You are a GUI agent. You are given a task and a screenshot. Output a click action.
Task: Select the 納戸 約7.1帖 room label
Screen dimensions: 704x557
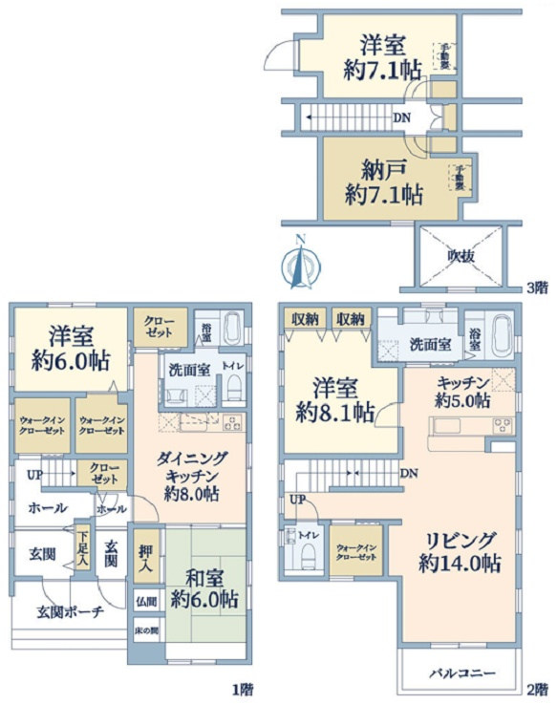(384, 183)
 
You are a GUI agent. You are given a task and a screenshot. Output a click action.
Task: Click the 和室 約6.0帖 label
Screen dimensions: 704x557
(204, 589)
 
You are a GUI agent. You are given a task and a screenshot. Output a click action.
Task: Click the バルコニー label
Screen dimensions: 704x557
(461, 673)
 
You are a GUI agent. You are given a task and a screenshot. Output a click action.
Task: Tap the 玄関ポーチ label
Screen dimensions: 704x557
(70, 612)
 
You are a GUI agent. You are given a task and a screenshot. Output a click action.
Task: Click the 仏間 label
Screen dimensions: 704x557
(145, 602)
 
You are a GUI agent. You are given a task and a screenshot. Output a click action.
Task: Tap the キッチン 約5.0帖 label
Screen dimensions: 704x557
(462, 389)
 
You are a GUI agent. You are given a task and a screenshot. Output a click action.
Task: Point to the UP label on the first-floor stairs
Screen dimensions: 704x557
(34, 474)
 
